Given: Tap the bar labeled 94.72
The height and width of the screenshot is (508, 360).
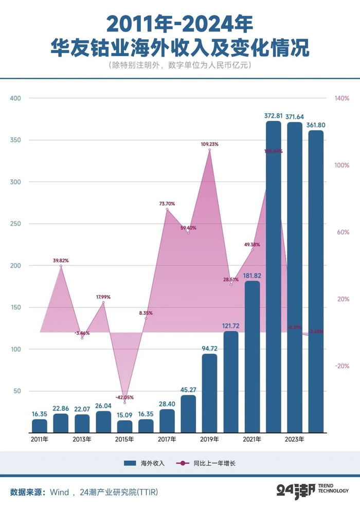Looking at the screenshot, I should (209, 393).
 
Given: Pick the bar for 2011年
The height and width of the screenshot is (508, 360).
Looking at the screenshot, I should (40, 426).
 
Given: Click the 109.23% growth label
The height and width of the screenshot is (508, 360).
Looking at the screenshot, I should (209, 144).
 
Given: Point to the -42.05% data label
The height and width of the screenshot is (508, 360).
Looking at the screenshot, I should (124, 397).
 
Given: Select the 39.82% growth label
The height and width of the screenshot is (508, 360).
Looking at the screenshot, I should (61, 261).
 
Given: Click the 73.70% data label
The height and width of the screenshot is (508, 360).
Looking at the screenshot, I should (167, 204).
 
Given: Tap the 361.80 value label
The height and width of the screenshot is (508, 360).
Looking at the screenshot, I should (316, 125).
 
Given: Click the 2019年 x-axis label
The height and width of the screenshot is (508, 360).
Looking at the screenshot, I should (209, 439).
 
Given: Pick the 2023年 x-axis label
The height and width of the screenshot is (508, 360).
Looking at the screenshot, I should (295, 439).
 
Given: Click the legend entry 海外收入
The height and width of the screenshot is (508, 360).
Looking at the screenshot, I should (145, 463).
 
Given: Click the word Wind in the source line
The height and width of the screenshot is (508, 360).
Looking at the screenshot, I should (59, 492).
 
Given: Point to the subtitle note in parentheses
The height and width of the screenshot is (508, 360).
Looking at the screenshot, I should (179, 65).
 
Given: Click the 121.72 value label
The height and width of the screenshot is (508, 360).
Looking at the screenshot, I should (231, 326).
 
